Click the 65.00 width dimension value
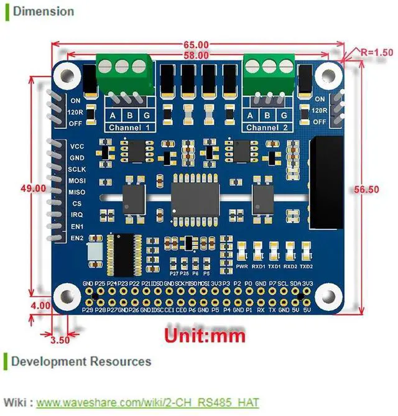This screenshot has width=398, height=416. [x=197, y=45]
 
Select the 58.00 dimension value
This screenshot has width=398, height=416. [x=197, y=55]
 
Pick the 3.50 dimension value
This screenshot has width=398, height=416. [x=61, y=340]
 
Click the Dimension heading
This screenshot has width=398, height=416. [x=43, y=11]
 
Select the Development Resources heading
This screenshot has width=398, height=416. [x=81, y=361]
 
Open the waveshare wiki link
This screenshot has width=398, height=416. [x=147, y=402]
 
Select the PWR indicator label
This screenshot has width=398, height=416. [x=242, y=267]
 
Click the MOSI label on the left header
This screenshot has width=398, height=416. [x=78, y=180]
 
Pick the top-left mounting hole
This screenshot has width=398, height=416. [x=65, y=75]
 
